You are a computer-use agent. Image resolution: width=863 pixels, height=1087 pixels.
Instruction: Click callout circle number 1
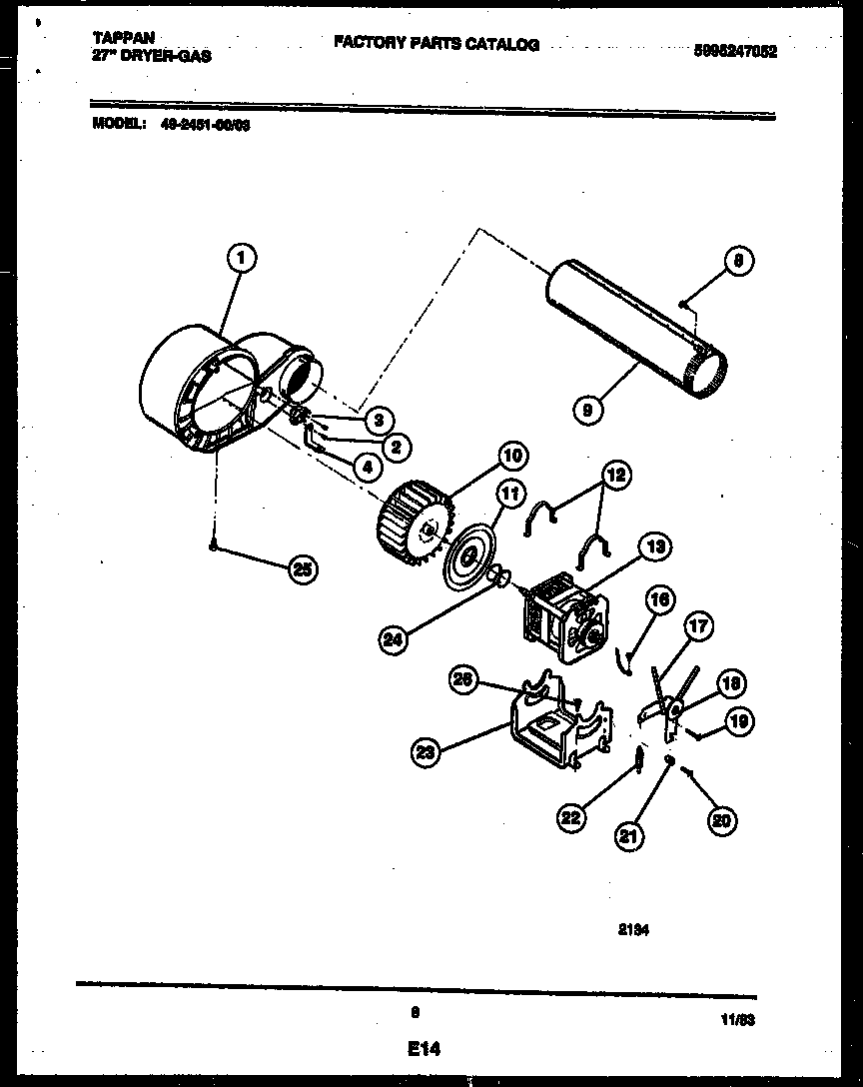pos(240,260)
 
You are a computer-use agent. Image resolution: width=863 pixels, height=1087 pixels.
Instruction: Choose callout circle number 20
pos(719,821)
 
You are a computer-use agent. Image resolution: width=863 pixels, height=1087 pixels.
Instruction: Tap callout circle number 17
pos(698,627)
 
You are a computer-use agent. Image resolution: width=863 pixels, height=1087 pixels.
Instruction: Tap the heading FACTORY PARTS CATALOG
pos(435,44)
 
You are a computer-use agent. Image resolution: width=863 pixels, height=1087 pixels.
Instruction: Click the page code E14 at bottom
pos(424,1049)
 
